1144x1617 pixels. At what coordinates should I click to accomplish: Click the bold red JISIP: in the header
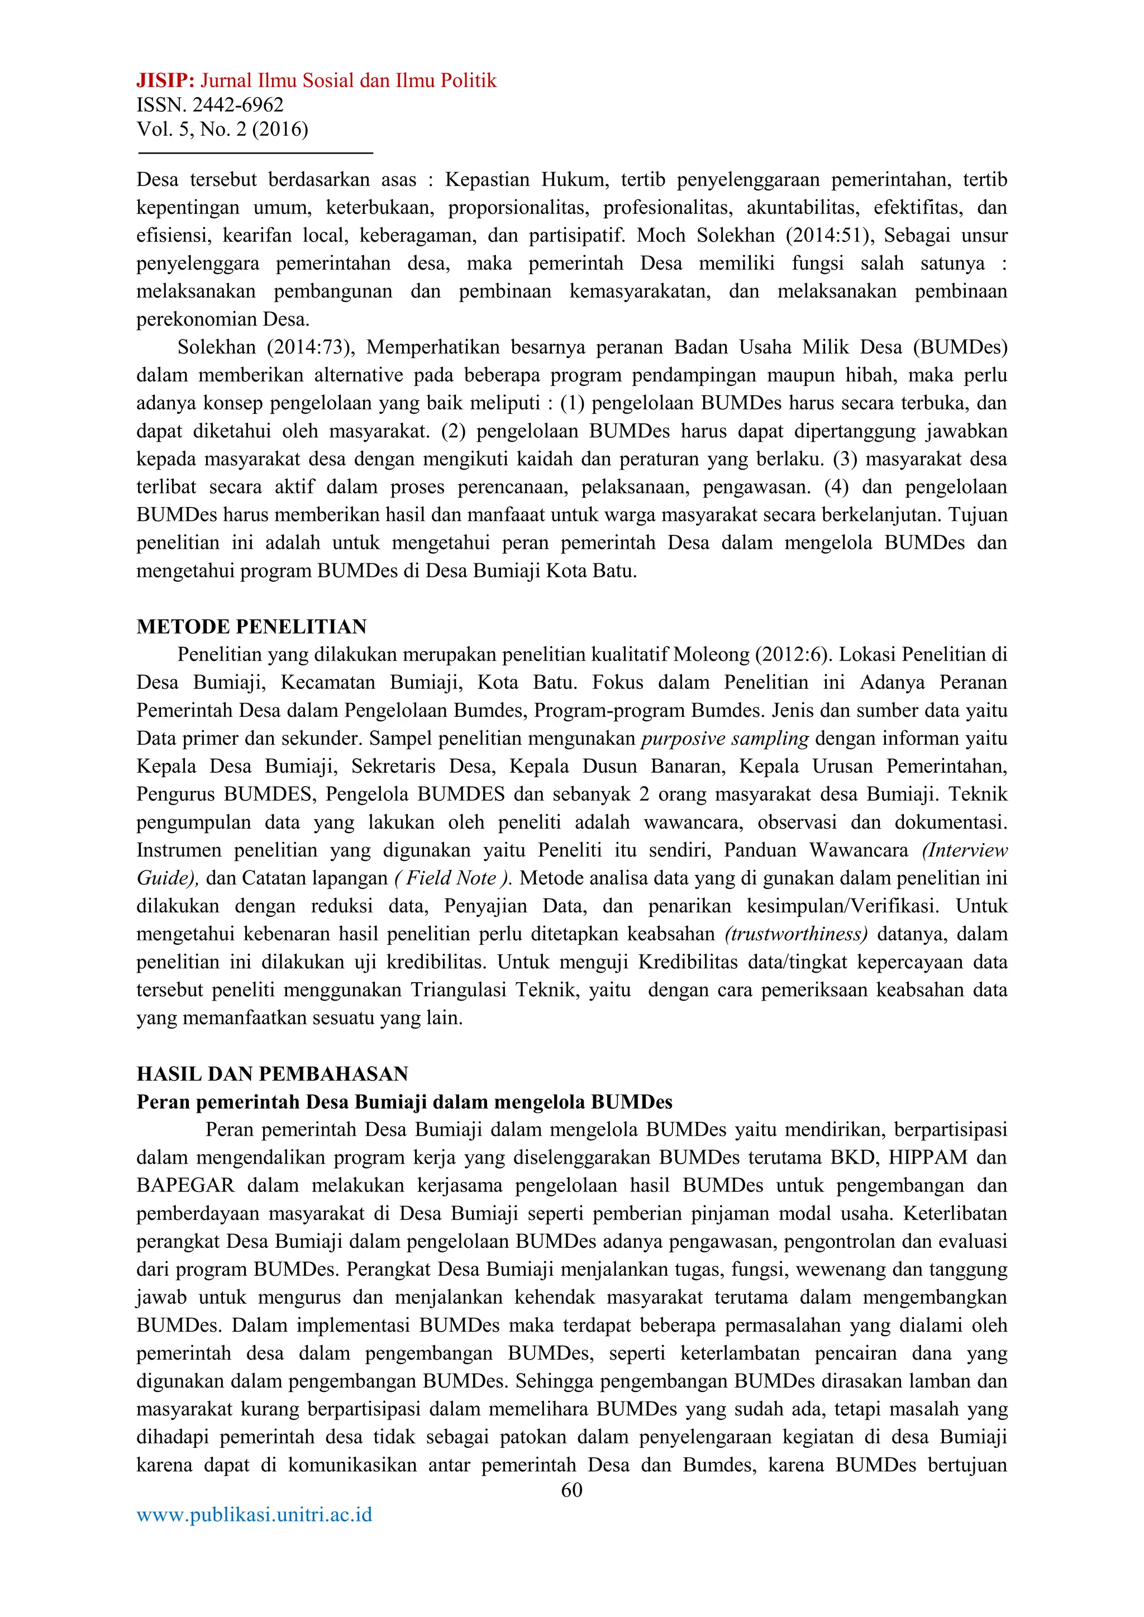click(x=165, y=81)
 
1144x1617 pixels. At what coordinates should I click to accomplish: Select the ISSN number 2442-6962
click(x=237, y=106)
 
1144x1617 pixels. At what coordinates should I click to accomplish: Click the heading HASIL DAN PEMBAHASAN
click(x=272, y=1073)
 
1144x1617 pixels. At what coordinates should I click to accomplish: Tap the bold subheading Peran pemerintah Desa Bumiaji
click(x=404, y=1102)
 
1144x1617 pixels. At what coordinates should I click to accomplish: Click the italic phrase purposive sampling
click(x=724, y=738)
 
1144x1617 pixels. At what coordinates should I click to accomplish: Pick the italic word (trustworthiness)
click(x=796, y=934)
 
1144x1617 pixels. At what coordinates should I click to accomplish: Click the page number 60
click(x=571, y=1490)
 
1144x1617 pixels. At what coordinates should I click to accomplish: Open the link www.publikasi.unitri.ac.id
click(x=254, y=1515)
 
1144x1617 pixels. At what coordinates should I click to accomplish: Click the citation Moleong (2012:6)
click(x=752, y=654)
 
